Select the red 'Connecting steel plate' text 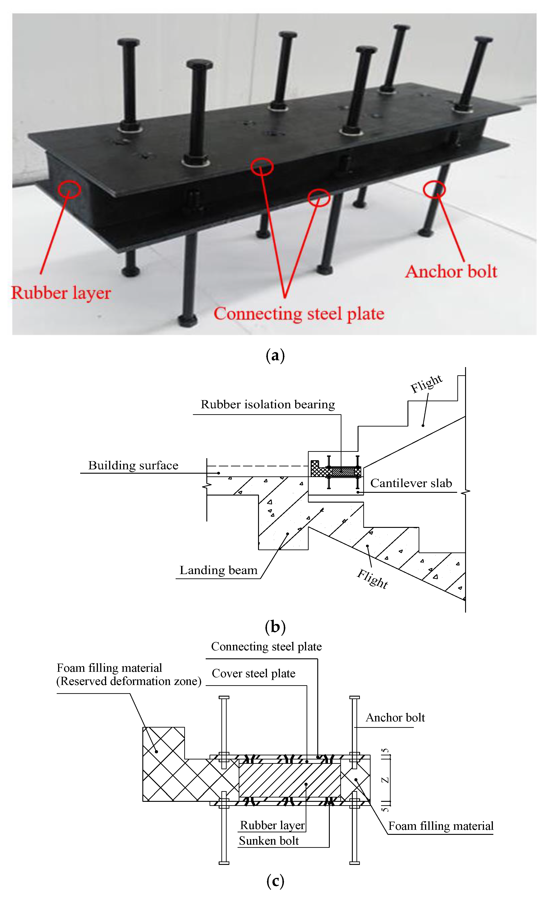(x=299, y=314)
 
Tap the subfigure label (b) (x=275, y=627)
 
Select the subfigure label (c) (x=275, y=881)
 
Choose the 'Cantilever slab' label (x=411, y=483)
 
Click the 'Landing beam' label (x=218, y=570)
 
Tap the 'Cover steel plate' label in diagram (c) (x=254, y=673)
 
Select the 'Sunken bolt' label (x=269, y=841)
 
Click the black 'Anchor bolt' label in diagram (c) (x=395, y=718)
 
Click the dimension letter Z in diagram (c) (x=385, y=780)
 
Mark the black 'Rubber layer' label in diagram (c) (x=272, y=825)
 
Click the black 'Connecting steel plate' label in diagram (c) (x=266, y=647)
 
